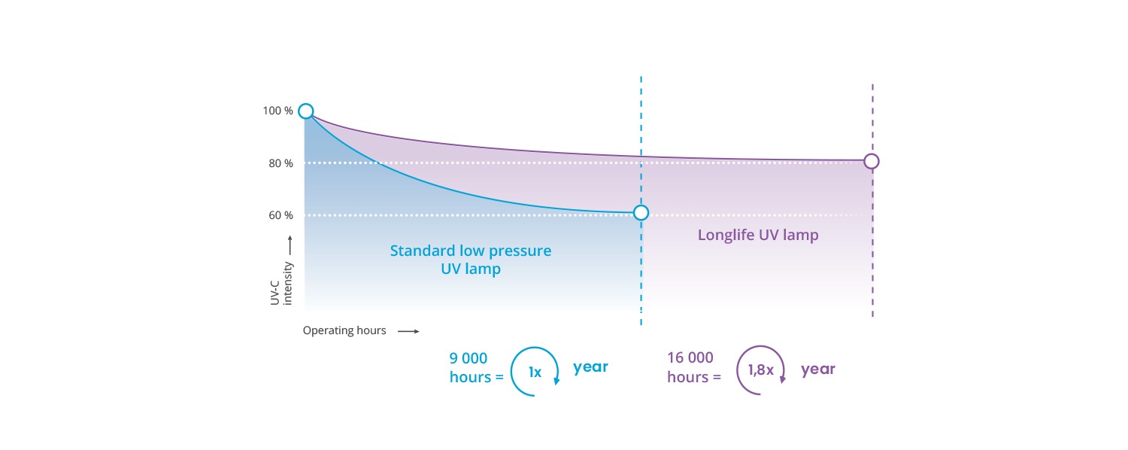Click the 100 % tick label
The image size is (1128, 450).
[x=277, y=111]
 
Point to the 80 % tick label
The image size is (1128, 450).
[x=280, y=163]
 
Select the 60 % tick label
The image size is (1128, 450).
[x=280, y=215]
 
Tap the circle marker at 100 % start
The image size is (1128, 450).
[x=305, y=111]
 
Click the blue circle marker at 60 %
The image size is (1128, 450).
[x=641, y=213]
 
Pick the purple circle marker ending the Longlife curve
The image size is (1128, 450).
[x=872, y=161]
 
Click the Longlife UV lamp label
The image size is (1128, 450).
[x=758, y=235]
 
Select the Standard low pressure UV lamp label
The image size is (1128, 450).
[x=470, y=260]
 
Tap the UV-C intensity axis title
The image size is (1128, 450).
[x=281, y=284]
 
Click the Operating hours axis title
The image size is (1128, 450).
[x=344, y=330]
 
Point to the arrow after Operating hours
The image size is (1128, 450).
[x=408, y=331]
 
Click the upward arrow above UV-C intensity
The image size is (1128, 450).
[x=290, y=245]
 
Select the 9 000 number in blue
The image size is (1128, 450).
[x=468, y=358]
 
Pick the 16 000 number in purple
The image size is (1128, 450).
[x=690, y=357]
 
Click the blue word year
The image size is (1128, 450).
[x=590, y=367]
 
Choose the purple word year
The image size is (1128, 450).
[x=818, y=369]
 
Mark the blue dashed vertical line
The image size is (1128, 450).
[x=641, y=201]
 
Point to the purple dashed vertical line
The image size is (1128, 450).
[x=872, y=201]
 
